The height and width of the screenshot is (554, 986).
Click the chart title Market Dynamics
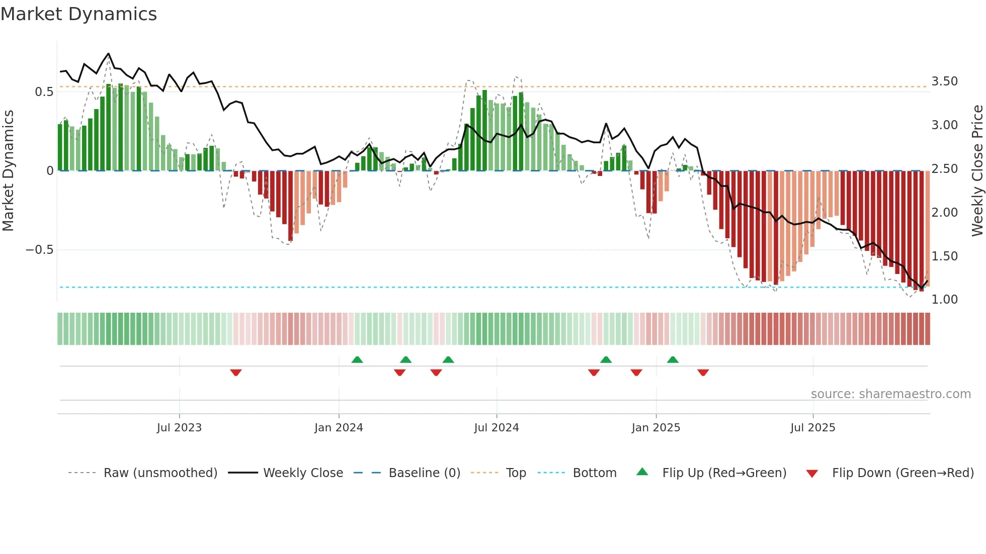(78, 14)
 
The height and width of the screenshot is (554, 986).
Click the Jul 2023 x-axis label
(179, 428)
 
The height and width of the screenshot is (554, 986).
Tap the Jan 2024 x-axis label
(339, 428)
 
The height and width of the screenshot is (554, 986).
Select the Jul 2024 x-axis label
(496, 428)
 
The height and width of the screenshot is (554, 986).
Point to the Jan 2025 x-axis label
(655, 428)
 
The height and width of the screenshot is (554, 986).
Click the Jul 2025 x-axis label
(812, 428)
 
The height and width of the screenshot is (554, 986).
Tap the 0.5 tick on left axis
(44, 92)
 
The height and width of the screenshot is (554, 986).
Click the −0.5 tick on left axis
(40, 250)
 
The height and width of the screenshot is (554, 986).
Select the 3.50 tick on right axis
(944, 81)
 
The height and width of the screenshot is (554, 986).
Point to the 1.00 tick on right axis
(944, 300)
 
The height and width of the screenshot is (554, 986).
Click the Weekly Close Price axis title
(977, 170)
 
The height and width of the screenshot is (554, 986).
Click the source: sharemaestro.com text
(890, 394)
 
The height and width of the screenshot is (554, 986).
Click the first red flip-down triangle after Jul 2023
(236, 373)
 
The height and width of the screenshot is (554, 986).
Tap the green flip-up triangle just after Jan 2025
(673, 359)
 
